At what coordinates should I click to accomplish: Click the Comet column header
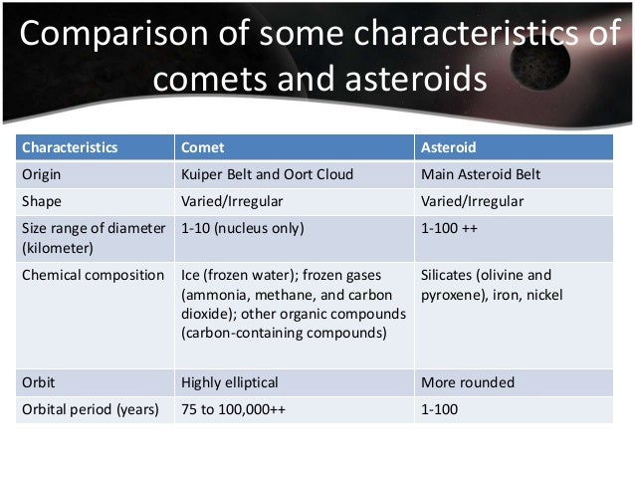(x=202, y=147)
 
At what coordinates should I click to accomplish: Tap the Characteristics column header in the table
(x=70, y=147)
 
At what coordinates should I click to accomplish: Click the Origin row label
(x=41, y=174)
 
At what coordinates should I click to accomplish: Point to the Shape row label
(x=41, y=201)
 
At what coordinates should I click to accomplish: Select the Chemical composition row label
(x=93, y=275)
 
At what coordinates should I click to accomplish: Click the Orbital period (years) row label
(x=90, y=408)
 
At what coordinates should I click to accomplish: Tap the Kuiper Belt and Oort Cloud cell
(x=267, y=174)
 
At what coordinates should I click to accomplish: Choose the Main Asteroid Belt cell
(x=481, y=174)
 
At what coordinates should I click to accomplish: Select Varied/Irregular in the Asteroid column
(x=473, y=201)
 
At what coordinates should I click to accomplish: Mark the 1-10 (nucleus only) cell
(x=242, y=228)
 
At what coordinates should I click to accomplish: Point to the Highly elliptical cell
(x=230, y=381)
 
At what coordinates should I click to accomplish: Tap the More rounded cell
(x=468, y=381)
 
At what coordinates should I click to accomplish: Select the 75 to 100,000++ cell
(x=234, y=408)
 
